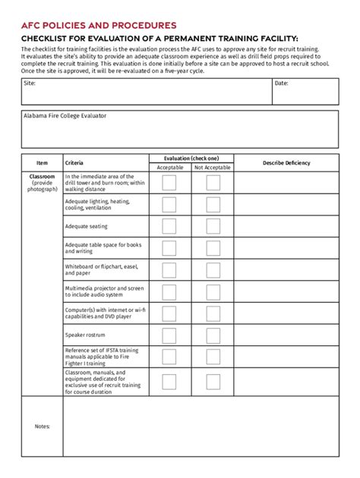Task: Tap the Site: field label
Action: click(29, 83)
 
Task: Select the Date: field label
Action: click(281, 83)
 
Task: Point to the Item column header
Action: click(42, 163)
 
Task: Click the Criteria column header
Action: click(74, 163)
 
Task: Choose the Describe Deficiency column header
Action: click(286, 163)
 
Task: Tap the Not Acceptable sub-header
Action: click(213, 168)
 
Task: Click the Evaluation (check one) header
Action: click(191, 158)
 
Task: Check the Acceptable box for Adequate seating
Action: click(169, 226)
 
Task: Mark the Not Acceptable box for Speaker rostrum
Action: click(213, 335)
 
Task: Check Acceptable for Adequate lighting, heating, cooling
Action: click(169, 205)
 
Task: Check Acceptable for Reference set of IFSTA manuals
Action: click(169, 356)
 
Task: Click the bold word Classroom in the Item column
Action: click(43, 177)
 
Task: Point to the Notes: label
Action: click(43, 426)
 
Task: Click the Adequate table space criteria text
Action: click(103, 248)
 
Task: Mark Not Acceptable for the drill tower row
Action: click(213, 183)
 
